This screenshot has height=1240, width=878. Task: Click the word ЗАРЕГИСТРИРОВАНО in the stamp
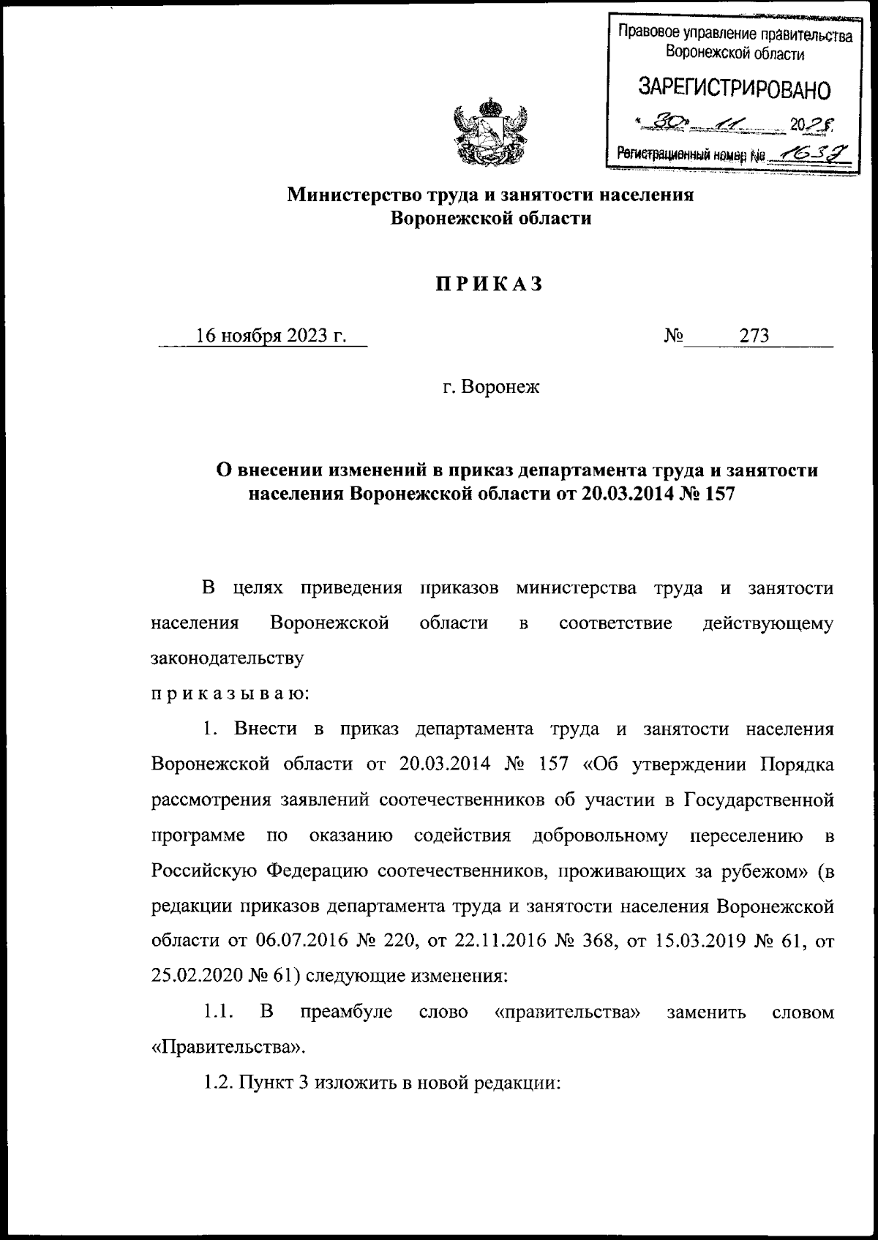pos(735,89)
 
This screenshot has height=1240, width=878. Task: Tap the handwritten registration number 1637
pos(802,152)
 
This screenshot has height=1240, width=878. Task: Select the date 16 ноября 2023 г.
pos(271,336)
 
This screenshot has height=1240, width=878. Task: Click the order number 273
pos(754,336)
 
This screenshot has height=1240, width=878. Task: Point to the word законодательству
pos(227,657)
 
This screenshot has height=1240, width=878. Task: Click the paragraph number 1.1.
pos(218,1012)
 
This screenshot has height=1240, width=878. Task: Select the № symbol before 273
pos(673,336)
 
